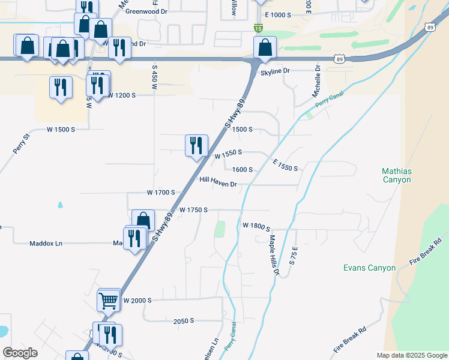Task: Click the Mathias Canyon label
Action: [x=397, y=175]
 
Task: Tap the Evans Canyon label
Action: [x=369, y=268]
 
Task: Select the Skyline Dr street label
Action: [x=275, y=71]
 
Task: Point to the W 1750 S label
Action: [x=193, y=210]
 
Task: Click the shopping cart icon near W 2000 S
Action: [x=109, y=300]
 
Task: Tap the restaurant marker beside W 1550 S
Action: [x=196, y=146]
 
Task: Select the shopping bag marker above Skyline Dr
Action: [x=264, y=47]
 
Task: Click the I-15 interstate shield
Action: [x=258, y=28]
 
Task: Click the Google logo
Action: [x=20, y=353]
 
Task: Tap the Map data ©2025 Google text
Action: [x=411, y=355]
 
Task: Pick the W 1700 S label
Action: [x=160, y=193]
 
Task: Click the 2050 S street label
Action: [x=184, y=321]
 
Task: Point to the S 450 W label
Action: [x=154, y=78]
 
